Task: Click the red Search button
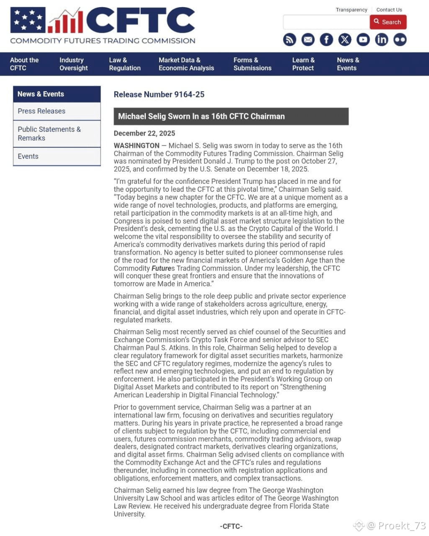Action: [388, 22]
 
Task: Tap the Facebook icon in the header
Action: [326, 40]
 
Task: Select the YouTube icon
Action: [363, 40]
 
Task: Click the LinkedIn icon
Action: [381, 40]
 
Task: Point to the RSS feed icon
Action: [289, 40]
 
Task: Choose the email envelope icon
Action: [308, 40]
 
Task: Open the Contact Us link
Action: [389, 10]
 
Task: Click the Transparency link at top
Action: [351, 10]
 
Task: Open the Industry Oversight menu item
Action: [73, 64]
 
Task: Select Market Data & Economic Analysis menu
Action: [186, 64]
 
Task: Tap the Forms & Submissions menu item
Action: [252, 64]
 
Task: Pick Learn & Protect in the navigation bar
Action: [303, 64]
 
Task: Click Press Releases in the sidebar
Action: [41, 111]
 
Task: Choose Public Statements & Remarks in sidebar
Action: [49, 134]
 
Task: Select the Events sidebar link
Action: [28, 156]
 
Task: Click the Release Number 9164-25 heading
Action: [159, 95]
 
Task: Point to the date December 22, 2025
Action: [145, 133]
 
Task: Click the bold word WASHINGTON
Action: [137, 146]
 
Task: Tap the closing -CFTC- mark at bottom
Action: [231, 526]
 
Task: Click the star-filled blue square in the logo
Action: [28, 20]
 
